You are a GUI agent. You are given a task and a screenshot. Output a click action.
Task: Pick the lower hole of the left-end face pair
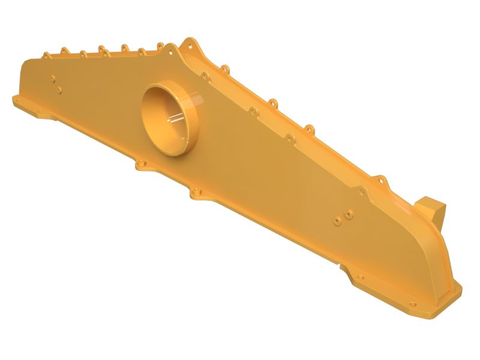point(59,90)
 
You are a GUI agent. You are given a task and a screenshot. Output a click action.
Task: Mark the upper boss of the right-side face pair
point(349,212)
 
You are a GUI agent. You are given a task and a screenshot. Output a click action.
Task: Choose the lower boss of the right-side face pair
point(338,221)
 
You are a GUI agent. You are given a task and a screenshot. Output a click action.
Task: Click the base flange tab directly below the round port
point(142,164)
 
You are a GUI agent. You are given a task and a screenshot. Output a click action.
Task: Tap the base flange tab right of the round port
point(196,193)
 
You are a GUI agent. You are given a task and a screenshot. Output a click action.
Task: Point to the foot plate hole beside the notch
point(360,277)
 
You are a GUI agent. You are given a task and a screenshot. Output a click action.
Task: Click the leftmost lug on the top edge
point(46,55)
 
